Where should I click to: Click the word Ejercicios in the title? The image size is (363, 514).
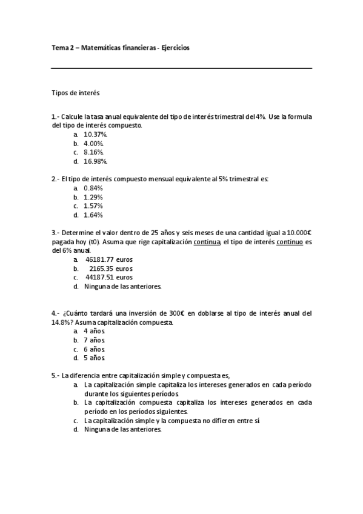(175, 48)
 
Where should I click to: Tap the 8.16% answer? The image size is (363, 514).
(94, 152)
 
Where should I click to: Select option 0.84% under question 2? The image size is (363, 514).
(93, 188)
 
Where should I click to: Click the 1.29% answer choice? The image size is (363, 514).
(93, 197)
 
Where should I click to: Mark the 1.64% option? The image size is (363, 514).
(93, 215)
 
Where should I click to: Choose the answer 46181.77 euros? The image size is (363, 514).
(109, 259)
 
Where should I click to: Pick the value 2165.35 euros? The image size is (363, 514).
(111, 268)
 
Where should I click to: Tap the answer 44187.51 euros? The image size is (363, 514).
(109, 277)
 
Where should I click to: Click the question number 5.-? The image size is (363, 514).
(56, 376)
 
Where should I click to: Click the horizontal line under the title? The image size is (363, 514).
(182, 68)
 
